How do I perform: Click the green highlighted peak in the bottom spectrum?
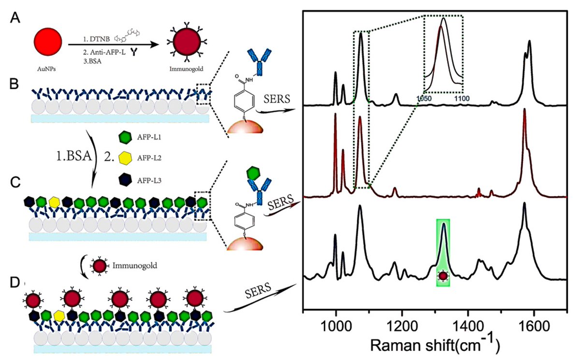tap(443, 237)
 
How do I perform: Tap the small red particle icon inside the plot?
tap(443, 276)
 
